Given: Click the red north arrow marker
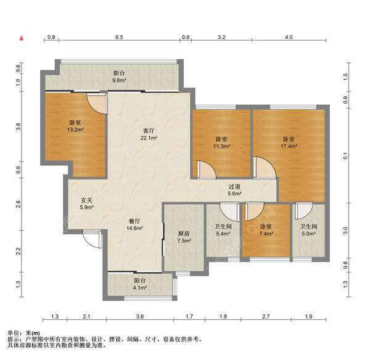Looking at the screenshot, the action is point(22,38).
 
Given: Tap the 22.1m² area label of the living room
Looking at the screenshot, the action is point(149,138).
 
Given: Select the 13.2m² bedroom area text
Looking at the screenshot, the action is point(75,129).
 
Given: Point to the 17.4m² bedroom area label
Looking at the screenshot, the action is point(289,146).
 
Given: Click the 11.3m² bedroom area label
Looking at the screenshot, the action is point(221,146).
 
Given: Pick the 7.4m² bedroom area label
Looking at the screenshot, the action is point(266,234).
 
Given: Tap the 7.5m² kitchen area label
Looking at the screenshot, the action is point(184,241).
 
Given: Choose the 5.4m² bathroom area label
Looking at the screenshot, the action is point(223,234).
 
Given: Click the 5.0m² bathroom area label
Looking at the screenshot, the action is point(309,234).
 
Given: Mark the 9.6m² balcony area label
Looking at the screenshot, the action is point(119,80).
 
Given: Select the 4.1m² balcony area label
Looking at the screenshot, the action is point(140,288).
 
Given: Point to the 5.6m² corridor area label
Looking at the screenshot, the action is point(234,194).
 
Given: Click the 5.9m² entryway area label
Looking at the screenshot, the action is point(87,207).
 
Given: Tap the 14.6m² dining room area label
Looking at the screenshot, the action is point(134,228).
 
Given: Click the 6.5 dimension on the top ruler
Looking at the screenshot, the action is point(120,37).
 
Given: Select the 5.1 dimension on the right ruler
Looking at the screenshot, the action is point(345,156).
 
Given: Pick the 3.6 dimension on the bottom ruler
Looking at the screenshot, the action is point(140,316).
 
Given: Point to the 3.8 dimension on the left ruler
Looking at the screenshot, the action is point(19,127).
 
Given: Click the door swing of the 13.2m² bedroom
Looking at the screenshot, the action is point(97,104).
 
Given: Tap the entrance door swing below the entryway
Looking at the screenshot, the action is point(92,239).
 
